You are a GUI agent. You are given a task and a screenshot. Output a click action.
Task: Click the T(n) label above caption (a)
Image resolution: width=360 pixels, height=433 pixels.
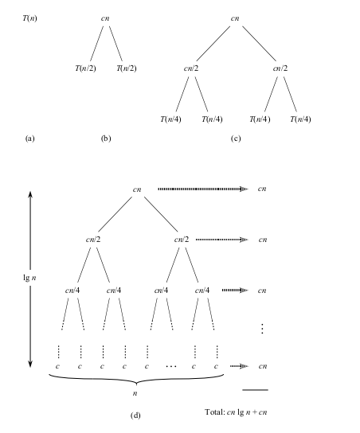point(29,18)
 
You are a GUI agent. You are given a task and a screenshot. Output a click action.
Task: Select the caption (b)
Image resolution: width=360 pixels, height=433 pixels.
point(106,138)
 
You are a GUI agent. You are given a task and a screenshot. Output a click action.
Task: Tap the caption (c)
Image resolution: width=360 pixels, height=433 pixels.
point(236,138)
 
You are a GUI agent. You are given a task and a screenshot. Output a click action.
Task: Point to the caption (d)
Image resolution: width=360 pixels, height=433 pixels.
point(135,415)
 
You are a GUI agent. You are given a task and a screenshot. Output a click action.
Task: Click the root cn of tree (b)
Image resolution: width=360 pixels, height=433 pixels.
point(105,18)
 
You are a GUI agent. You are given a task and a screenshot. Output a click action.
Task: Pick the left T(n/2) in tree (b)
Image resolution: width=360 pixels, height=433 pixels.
point(86,68)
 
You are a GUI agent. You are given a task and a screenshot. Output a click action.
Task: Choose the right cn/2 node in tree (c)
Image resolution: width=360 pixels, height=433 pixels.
point(280,68)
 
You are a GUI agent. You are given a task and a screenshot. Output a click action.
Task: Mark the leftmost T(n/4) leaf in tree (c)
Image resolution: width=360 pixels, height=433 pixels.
point(170,119)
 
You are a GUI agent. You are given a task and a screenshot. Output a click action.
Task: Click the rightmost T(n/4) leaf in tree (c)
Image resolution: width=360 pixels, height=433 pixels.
point(300,119)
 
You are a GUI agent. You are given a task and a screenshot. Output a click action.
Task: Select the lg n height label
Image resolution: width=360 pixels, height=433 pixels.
point(29,278)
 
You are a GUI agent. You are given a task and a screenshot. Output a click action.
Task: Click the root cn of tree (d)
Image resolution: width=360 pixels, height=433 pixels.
point(137,189)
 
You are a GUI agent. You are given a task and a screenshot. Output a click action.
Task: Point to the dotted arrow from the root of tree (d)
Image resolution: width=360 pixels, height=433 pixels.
point(203,189)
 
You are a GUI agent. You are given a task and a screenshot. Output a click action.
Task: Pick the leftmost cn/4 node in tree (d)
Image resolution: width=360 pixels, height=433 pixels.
point(72,291)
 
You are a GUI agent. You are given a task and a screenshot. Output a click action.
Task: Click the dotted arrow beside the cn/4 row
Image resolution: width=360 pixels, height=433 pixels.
point(235,291)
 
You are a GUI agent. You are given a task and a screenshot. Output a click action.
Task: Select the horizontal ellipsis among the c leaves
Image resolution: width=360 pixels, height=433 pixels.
point(171,367)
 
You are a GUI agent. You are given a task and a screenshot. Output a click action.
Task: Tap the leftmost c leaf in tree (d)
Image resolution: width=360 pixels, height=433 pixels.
point(57,366)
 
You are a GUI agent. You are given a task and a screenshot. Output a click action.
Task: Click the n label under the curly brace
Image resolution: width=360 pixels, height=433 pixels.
point(135,393)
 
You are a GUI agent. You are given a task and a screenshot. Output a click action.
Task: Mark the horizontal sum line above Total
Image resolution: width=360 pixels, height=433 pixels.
point(256,390)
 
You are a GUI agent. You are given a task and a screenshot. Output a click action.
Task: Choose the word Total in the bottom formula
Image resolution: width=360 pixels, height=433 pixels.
point(215,412)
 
